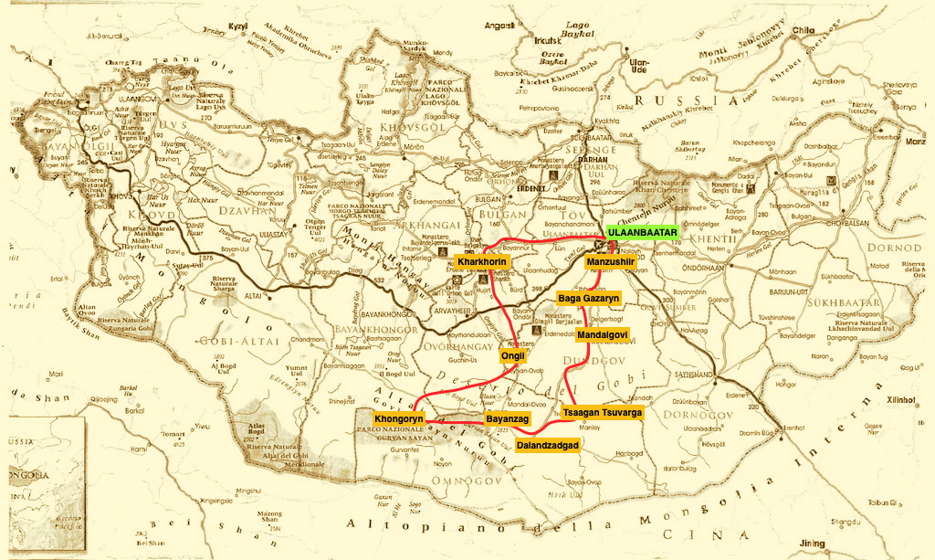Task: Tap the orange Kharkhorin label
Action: (481, 263)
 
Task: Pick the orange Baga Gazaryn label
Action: (589, 299)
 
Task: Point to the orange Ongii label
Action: (513, 356)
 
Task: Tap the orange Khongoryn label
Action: (399, 418)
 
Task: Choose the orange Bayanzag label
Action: (507, 418)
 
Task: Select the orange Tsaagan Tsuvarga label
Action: (603, 413)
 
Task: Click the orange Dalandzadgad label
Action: (548, 445)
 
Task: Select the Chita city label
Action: (803, 30)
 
